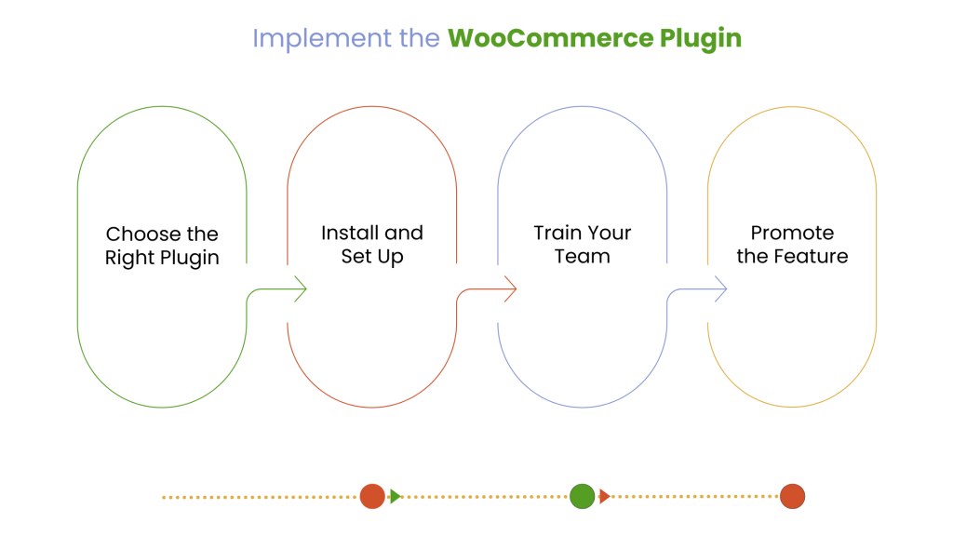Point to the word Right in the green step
click(x=130, y=258)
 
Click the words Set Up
click(x=372, y=256)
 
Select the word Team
click(x=583, y=256)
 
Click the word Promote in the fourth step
click(x=793, y=233)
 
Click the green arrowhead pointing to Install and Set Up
click(x=300, y=288)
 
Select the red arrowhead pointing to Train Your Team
click(x=510, y=288)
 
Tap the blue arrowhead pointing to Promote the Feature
click(x=720, y=288)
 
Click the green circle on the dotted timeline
click(x=582, y=496)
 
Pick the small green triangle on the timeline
click(x=395, y=496)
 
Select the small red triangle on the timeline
click(x=604, y=496)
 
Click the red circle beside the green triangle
click(x=372, y=496)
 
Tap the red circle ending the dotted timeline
click(x=792, y=496)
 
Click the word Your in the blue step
click(x=608, y=233)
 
